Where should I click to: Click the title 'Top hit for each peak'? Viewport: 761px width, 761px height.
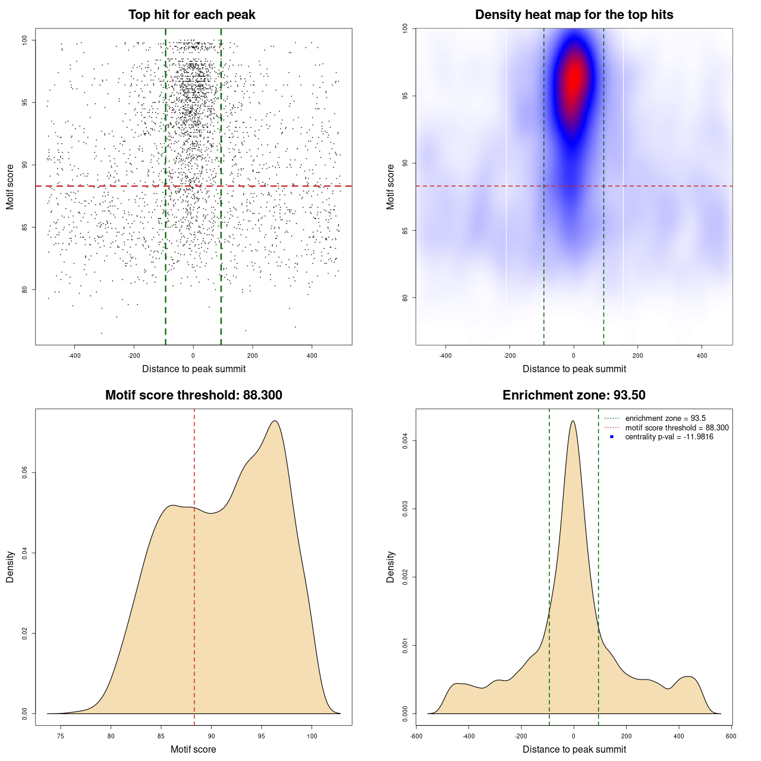coord(191,15)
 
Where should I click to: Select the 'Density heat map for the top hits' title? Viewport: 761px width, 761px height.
coord(574,15)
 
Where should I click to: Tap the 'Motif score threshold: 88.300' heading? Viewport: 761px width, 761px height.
coord(193,395)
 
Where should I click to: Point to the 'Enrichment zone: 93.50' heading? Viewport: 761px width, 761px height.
coord(574,395)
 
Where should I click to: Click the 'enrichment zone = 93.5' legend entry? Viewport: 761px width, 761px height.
coord(665,419)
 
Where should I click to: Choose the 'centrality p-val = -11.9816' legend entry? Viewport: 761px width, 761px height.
coord(669,437)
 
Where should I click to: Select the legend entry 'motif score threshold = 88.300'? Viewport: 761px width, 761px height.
coord(677,428)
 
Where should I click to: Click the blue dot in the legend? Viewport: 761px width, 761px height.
coord(612,437)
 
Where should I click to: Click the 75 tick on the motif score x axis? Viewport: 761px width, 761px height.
coord(61,736)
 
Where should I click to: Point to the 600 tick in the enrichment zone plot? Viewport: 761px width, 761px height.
coord(731,736)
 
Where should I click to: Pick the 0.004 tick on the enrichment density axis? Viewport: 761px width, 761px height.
coord(405,441)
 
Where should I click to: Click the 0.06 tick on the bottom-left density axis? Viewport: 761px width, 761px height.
coord(24,473)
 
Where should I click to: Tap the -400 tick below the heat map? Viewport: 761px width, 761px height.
coord(445,356)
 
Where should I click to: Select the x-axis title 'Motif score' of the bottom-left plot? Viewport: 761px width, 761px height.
coord(193,749)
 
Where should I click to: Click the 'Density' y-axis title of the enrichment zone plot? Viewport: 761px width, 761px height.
coord(391,567)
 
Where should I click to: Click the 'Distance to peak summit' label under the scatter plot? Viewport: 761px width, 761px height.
coord(194,369)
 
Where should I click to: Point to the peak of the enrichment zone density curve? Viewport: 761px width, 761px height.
coord(573,421)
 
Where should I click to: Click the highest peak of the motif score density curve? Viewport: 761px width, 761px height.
coord(275,421)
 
